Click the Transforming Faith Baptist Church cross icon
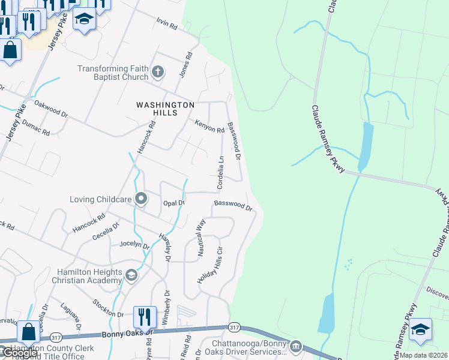(x=157, y=73)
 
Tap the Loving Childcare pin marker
(x=141, y=199)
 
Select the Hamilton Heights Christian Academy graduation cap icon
(x=130, y=275)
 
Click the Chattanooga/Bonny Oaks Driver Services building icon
(x=295, y=346)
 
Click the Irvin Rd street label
(x=167, y=26)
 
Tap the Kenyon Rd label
(x=209, y=127)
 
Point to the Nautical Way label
(x=201, y=238)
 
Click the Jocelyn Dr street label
(x=134, y=244)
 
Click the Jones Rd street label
(x=185, y=65)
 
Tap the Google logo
(x=19, y=353)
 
